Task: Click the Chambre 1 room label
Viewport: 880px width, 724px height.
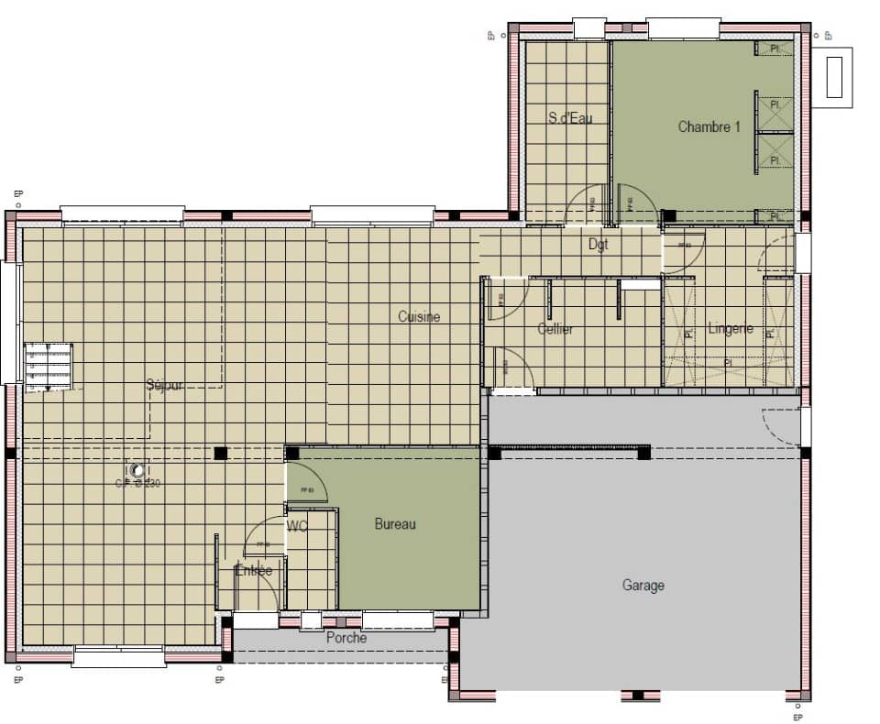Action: (x=709, y=126)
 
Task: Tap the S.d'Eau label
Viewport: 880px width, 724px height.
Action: (x=570, y=117)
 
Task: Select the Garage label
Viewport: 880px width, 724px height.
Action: (x=643, y=585)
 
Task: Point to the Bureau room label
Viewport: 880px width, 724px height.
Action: (x=395, y=524)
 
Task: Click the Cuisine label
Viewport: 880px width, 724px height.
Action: (x=419, y=317)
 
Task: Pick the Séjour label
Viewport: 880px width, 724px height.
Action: (x=165, y=385)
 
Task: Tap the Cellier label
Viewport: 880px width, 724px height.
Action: (x=555, y=328)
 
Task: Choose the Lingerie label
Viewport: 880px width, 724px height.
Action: (x=731, y=328)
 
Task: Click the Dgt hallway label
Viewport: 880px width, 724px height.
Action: (x=598, y=245)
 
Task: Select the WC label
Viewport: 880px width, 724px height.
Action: (x=297, y=527)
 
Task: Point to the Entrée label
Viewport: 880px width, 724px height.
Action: (x=254, y=570)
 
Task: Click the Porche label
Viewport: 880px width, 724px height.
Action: (x=346, y=638)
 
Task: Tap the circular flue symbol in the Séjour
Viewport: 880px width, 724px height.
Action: (x=137, y=470)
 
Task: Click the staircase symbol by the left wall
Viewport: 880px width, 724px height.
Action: (x=48, y=367)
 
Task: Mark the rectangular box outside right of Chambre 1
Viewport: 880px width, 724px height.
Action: (x=835, y=77)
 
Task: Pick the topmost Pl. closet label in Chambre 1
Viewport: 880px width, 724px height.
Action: (x=775, y=49)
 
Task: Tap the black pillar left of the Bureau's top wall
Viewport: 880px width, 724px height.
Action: (x=220, y=453)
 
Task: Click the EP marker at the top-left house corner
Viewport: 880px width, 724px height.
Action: (x=18, y=194)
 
